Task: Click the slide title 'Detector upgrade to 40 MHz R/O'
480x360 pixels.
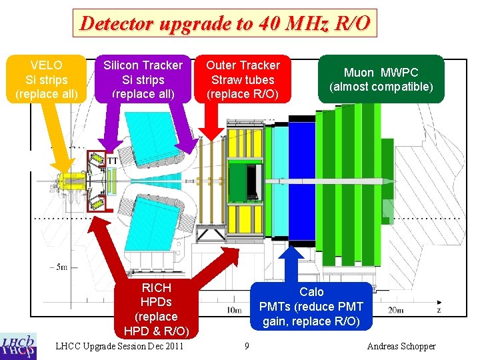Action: (225, 24)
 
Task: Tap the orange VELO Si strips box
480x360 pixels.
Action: (47, 79)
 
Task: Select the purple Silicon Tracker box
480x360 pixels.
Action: (143, 79)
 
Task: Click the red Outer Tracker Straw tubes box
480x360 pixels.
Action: (243, 79)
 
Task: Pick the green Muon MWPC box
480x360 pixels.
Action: (381, 79)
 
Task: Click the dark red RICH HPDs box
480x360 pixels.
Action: (156, 309)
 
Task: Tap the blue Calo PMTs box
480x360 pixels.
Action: (311, 307)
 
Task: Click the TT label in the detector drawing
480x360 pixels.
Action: (113, 161)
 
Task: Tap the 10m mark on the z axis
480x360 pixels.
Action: (234, 310)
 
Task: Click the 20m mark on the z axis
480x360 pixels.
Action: (395, 310)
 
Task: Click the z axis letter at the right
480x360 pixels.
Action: (438, 310)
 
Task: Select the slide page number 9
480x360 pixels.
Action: (247, 346)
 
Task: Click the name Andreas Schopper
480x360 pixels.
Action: (401, 346)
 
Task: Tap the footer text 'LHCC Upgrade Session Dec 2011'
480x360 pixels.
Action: (120, 346)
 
